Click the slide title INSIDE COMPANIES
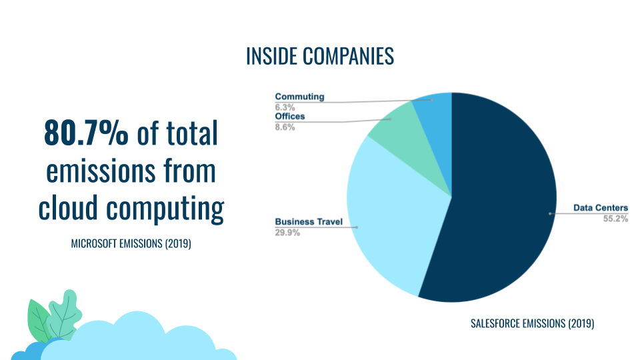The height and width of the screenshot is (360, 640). [x=320, y=57]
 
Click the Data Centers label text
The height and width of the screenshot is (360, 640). [x=600, y=208]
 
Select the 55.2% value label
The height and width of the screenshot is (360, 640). [x=615, y=218]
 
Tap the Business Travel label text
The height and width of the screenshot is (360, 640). [x=309, y=222]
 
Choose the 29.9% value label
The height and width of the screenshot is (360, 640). [x=287, y=233]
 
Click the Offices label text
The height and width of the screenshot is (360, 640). [x=290, y=117]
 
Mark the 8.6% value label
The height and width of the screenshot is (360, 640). [x=285, y=126]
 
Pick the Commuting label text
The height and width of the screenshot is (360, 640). [x=299, y=97]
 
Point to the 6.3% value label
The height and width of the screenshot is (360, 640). [x=285, y=107]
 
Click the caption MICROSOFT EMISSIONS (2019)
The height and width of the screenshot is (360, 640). [x=131, y=244]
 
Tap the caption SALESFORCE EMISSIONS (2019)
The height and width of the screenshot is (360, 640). [x=532, y=324]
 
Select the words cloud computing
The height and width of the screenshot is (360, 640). [x=131, y=208]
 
